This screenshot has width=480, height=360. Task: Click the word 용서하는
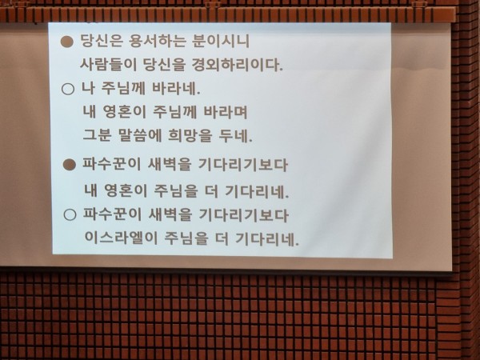(x=158, y=41)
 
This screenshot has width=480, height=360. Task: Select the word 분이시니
(x=221, y=41)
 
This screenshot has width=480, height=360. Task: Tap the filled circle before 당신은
(x=66, y=42)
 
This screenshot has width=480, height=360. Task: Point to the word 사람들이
(x=108, y=64)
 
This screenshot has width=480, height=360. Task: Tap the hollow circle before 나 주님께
(x=68, y=89)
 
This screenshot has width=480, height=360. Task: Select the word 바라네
(x=176, y=88)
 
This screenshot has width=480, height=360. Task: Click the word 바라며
(x=226, y=112)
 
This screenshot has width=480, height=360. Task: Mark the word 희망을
(x=190, y=135)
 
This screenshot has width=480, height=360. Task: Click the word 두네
(x=235, y=136)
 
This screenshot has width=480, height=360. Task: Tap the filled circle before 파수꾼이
(x=70, y=165)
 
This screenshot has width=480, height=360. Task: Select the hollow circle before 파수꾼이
(x=70, y=214)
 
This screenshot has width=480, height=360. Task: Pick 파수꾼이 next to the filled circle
(x=112, y=164)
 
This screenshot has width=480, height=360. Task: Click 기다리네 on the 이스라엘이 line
(x=267, y=238)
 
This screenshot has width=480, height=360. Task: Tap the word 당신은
(x=102, y=41)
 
